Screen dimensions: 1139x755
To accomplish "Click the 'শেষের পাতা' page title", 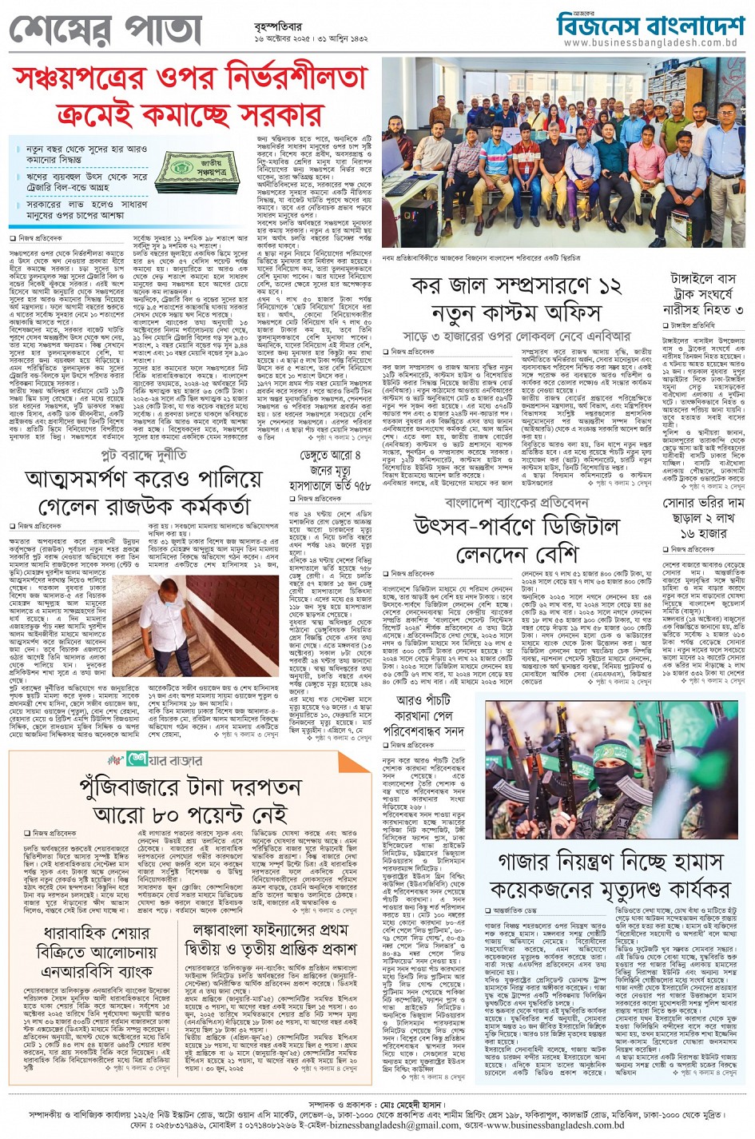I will pos(105,30).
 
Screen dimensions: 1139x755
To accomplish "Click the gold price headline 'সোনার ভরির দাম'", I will pos(703,504).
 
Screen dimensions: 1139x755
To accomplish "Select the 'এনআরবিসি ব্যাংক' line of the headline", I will pos(97,972).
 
